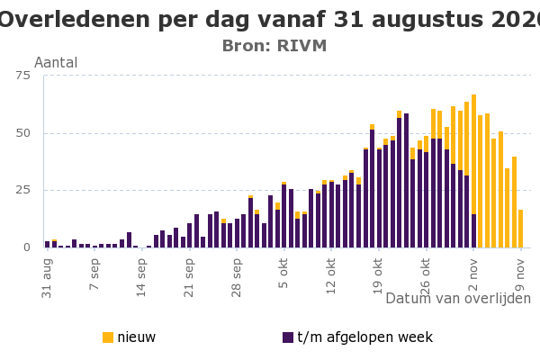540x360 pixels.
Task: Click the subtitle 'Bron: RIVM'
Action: [x=274, y=46]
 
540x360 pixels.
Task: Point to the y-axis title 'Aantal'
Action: [x=56, y=63]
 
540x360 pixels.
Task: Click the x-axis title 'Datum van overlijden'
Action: [x=458, y=299]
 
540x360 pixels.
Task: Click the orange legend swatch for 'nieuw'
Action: [x=108, y=337]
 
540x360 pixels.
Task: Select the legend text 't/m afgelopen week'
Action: [x=364, y=337]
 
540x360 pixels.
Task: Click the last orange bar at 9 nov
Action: [x=520, y=229]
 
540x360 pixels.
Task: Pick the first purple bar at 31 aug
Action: [x=47, y=244]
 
